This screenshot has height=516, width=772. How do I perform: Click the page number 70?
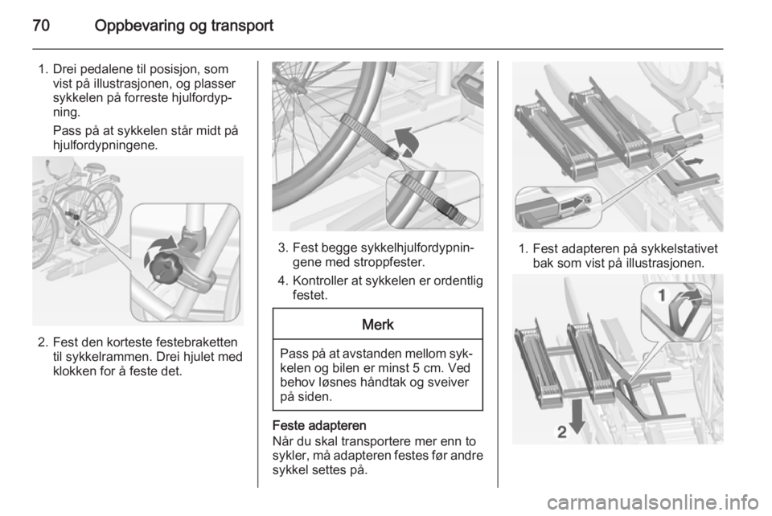coord(41,26)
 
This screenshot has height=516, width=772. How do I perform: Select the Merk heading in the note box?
coord(378,325)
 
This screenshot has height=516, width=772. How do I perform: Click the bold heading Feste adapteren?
coord(319,425)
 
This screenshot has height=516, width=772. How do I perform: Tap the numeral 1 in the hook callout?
coord(662,295)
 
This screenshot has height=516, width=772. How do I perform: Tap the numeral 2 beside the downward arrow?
coord(562,432)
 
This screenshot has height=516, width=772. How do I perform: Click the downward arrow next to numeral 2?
coord(577,416)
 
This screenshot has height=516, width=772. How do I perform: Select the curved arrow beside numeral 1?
coord(686,296)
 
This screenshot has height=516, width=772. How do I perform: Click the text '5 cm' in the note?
coord(431,368)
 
